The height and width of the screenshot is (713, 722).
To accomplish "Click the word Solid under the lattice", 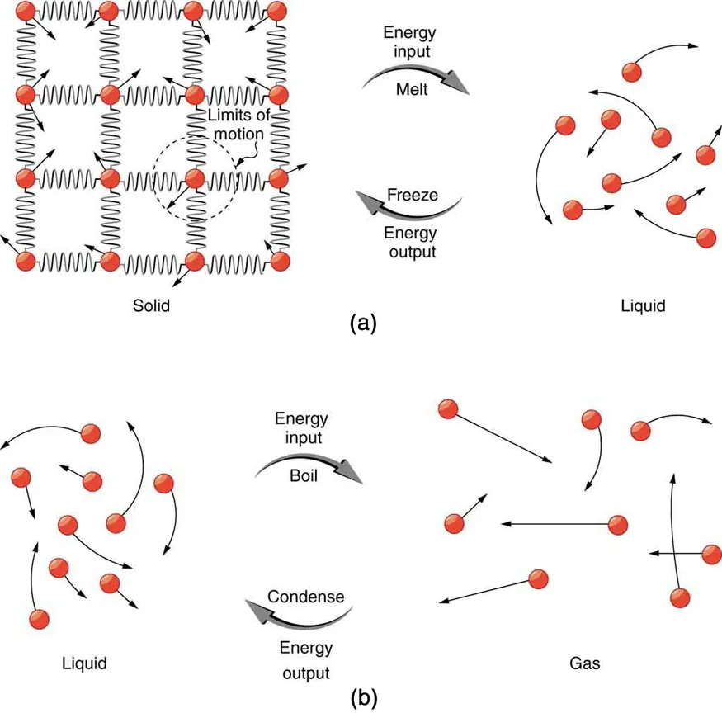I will pyautogui.click(x=151, y=305).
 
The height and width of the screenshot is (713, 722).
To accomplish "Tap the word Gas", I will pyautogui.click(x=583, y=663).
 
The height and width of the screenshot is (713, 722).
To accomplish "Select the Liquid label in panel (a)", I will pyautogui.click(x=643, y=305).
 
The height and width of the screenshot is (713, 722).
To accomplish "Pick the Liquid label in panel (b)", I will pyautogui.click(x=85, y=663).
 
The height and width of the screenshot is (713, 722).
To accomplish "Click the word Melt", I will pyautogui.click(x=410, y=89).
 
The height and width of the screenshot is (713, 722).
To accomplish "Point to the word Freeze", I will pyautogui.click(x=413, y=196).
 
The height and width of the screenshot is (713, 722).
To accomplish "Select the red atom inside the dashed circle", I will pyautogui.click(x=195, y=177).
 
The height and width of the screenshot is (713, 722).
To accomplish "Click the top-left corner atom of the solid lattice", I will pyautogui.click(x=25, y=12).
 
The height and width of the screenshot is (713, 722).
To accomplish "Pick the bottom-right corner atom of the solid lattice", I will pyautogui.click(x=280, y=261).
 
